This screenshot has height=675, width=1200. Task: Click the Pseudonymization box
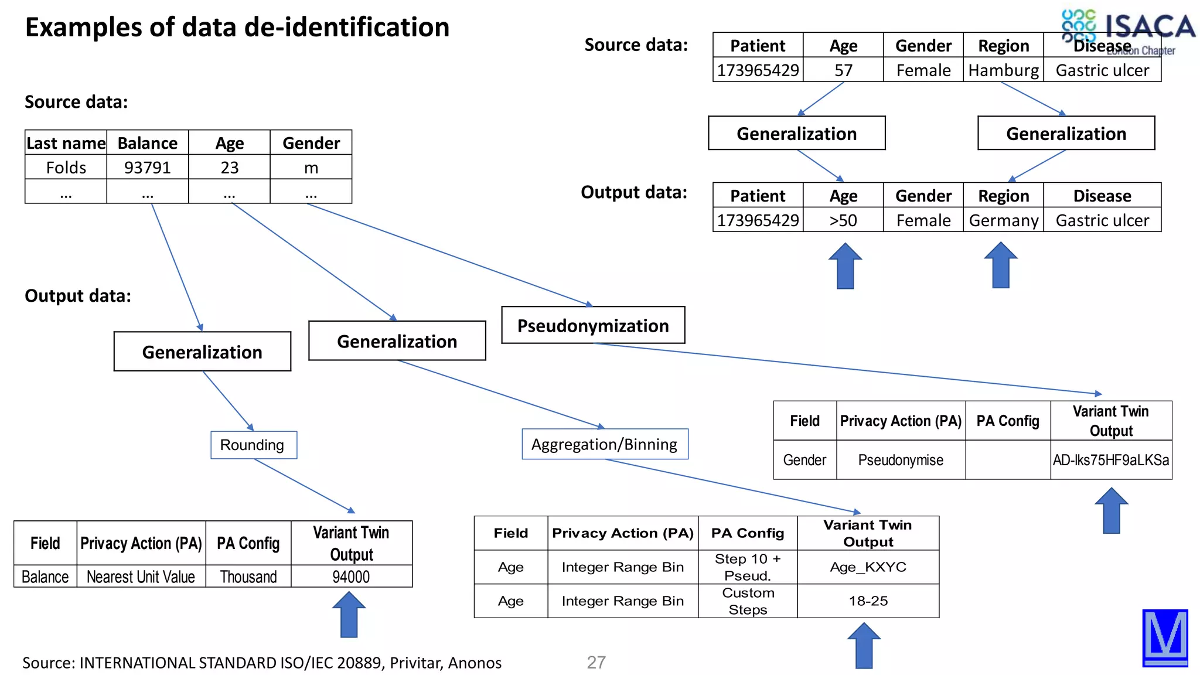[x=593, y=325]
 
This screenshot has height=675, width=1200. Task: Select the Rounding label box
[x=253, y=445]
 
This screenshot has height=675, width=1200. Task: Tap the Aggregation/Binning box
[x=604, y=444]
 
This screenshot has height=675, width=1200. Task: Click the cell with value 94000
[x=351, y=577]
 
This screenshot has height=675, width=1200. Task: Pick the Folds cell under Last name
[x=66, y=168]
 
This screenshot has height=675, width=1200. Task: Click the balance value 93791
[x=147, y=168]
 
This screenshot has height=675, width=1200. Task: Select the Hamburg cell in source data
[x=1003, y=70]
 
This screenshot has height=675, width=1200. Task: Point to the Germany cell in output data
[x=1003, y=220]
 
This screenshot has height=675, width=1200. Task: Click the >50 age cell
[x=843, y=220]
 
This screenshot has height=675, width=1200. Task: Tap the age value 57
[x=843, y=70]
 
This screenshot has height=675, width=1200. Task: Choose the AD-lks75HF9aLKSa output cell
[x=1110, y=460]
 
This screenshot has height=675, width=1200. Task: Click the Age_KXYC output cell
[x=868, y=567]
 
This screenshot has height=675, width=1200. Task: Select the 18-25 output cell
[x=868, y=601]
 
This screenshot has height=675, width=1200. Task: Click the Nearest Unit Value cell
[x=141, y=577]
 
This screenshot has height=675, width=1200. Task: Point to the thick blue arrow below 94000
[x=349, y=615]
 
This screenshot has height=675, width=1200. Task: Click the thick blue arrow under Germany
[x=1001, y=265]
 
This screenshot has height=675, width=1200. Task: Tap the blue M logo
[x=1165, y=637]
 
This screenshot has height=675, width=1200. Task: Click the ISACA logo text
[x=1150, y=26]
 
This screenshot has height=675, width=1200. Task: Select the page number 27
[x=596, y=662]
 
